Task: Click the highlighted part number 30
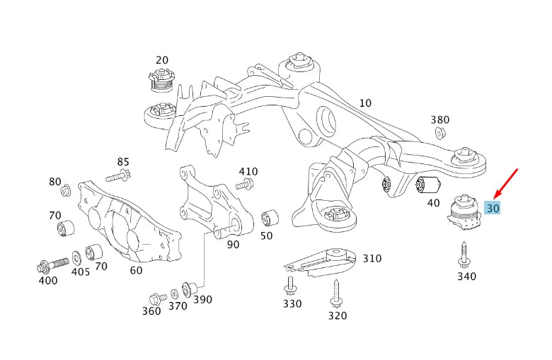tap(493, 208)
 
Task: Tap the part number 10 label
tap(364, 103)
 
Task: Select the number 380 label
tap(440, 120)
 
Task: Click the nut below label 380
tap(439, 134)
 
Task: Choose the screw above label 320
tap(335, 291)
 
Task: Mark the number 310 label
tap(372, 259)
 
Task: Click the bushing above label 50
tap(270, 216)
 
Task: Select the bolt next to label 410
tap(244, 185)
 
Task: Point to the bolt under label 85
tap(118, 175)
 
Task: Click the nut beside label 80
tap(66, 190)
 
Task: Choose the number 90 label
tap(232, 245)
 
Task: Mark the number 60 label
tap(136, 269)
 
